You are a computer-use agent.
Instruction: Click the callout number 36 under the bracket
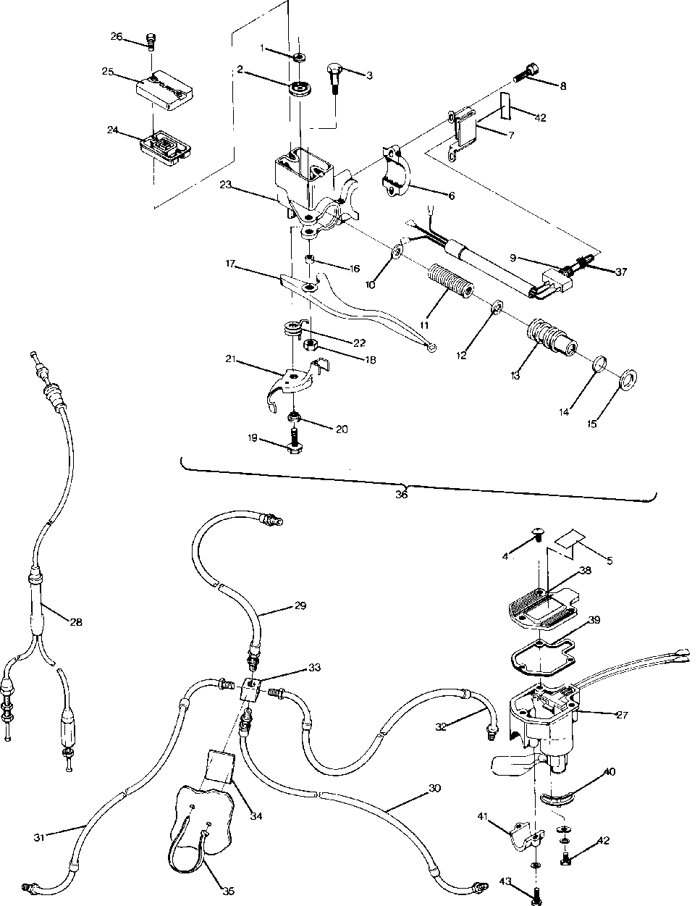[x=402, y=495]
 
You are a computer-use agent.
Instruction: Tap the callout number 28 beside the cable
[x=75, y=621]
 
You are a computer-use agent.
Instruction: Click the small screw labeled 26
[x=151, y=41]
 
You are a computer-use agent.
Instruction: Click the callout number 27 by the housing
[x=623, y=714]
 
